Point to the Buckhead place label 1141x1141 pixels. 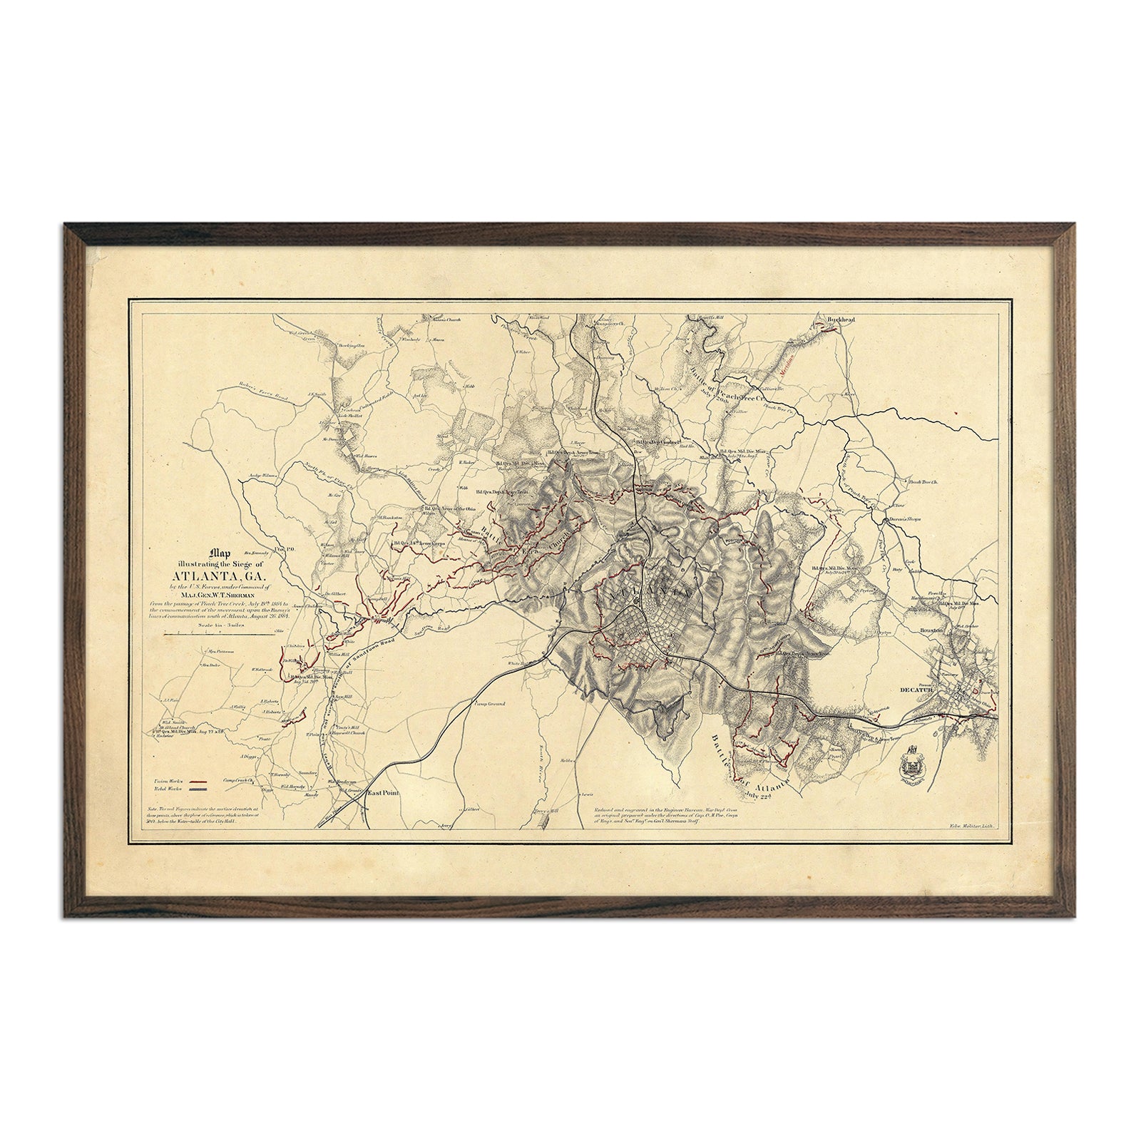840,320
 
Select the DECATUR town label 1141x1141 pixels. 916,690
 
